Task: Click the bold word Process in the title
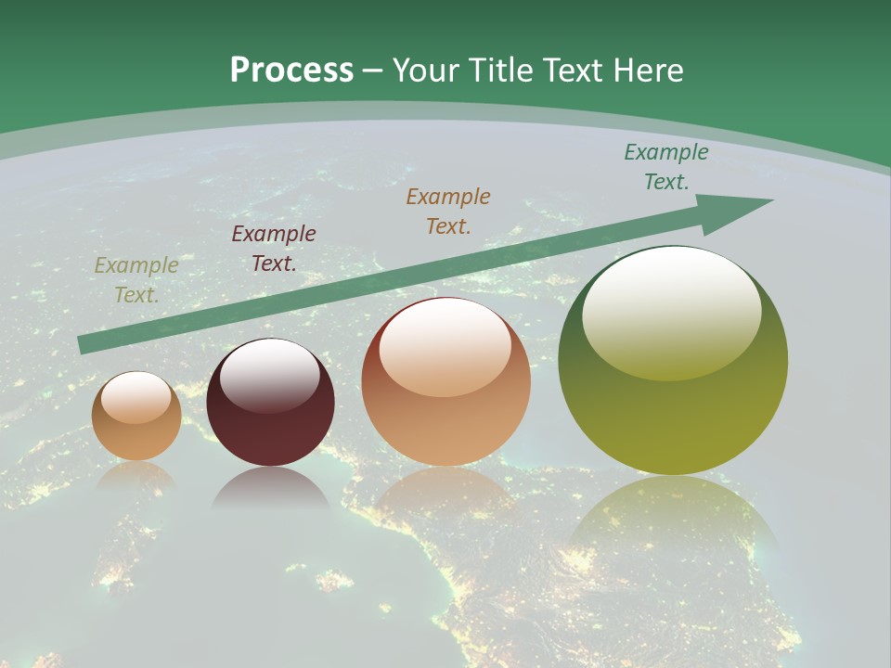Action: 291,71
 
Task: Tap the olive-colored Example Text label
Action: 136,280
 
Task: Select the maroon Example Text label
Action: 274,249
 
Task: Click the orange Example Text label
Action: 448,211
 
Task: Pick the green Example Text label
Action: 666,167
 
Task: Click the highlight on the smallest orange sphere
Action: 136,397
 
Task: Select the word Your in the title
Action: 426,71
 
